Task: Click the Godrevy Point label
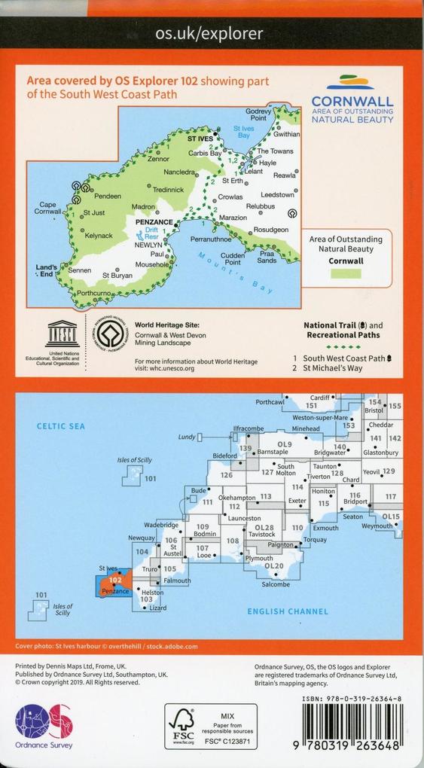point(257,114)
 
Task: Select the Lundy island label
point(186,437)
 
